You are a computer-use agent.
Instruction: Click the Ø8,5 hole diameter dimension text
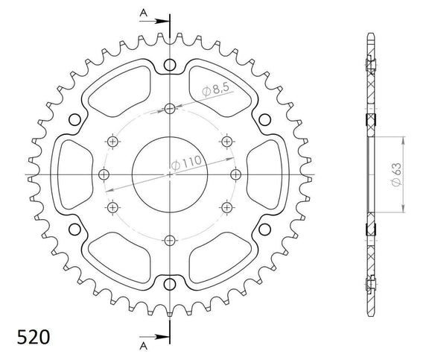pos(216,92)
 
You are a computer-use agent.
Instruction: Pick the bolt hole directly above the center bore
pos(170,110)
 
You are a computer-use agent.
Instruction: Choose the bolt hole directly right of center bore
pos(235,174)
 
